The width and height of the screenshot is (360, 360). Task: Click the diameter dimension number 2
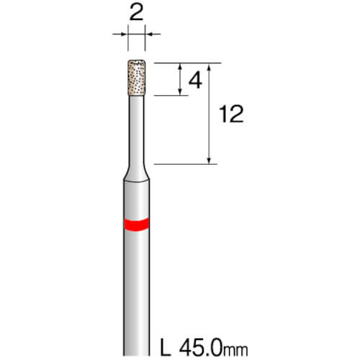click(136, 12)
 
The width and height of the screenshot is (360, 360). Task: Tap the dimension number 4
click(195, 81)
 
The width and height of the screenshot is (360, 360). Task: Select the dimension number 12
click(231, 114)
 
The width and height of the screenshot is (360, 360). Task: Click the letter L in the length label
click(166, 348)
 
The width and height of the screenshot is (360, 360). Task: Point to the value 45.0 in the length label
click(200, 348)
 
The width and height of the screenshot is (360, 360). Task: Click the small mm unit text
click(235, 351)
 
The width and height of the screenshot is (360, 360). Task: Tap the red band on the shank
click(137, 225)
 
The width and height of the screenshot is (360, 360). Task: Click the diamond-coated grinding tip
click(137, 78)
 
